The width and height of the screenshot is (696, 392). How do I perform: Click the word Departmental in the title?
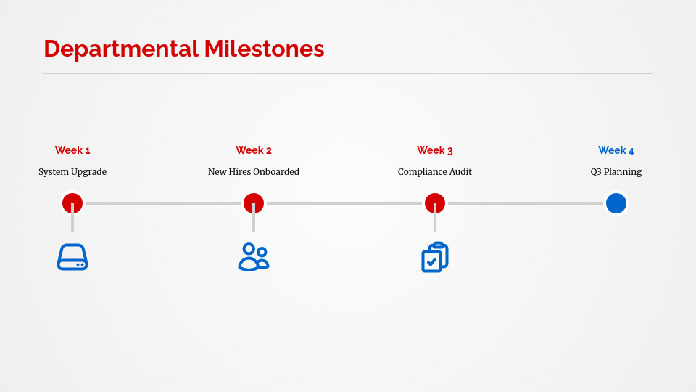coord(120,49)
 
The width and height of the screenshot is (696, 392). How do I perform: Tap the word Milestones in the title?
coord(264,49)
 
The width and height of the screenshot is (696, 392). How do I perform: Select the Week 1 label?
coord(72,150)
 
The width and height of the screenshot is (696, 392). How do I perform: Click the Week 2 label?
coord(254,150)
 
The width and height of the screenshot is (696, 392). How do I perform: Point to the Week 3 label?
coord(435,150)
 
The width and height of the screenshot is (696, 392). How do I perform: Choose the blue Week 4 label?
coord(616,150)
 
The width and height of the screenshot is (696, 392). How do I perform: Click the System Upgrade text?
coord(72,172)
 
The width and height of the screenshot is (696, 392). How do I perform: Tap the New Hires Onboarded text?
coord(254,172)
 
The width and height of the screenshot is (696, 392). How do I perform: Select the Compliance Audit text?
coord(435,172)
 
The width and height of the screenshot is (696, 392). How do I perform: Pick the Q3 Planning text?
coord(616,172)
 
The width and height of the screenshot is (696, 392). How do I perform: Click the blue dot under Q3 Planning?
coord(616,203)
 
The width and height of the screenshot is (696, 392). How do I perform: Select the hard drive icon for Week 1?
coord(72,257)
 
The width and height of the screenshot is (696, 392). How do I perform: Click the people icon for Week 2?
coord(254,257)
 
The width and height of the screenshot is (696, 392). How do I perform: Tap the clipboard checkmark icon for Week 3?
coord(435,257)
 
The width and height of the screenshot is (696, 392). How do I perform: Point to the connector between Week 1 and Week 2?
coord(163,203)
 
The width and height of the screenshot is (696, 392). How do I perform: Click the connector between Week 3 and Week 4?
coord(526,203)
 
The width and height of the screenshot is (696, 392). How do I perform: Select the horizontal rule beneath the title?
coord(348,73)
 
